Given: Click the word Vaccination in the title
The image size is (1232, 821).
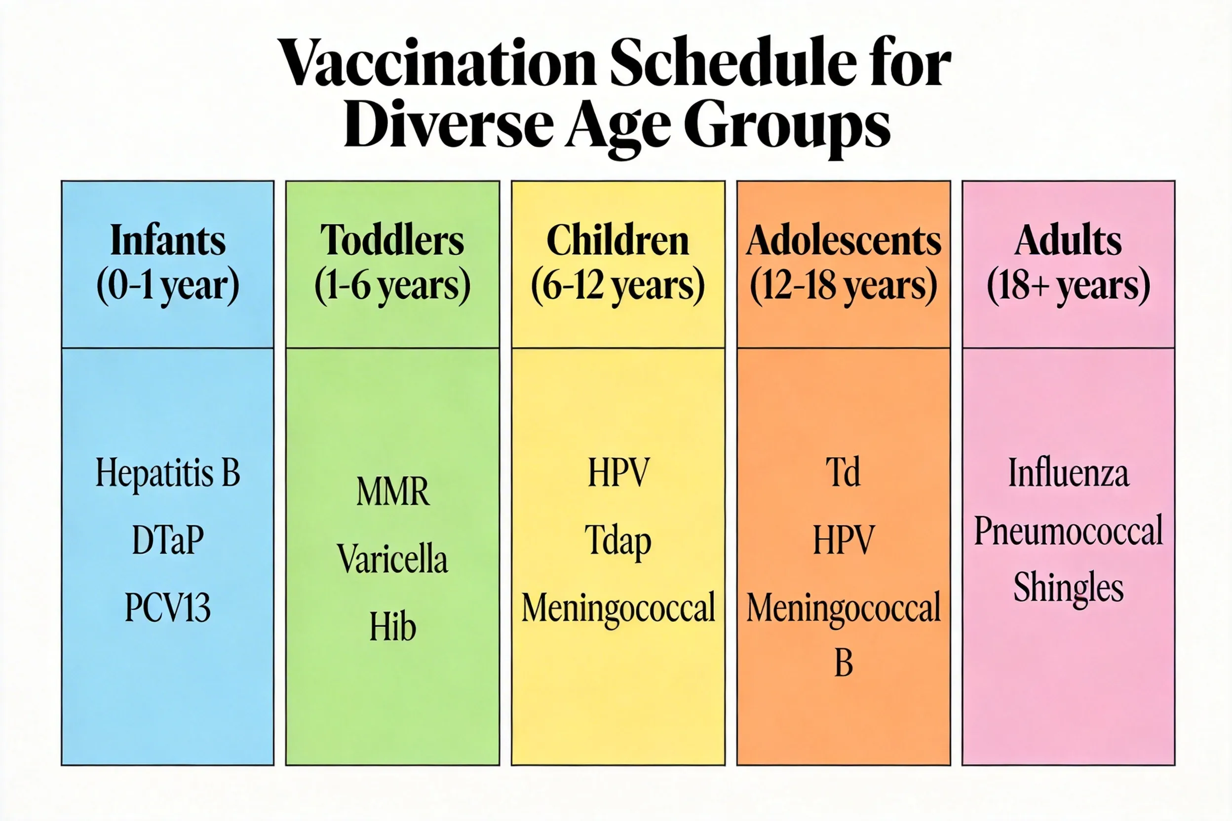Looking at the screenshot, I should point(437,64).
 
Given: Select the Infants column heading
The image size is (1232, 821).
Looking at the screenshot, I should point(168,240).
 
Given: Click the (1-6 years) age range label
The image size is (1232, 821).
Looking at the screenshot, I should point(392,286).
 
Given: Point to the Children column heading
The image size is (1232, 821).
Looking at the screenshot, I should point(617,240).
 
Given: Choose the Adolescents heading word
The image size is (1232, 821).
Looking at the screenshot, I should point(844,240).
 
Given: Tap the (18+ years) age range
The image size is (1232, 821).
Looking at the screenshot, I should point(1069,286).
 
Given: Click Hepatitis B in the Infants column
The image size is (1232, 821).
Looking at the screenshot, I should point(168,473).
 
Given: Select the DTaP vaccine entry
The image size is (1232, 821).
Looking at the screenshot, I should point(168,540).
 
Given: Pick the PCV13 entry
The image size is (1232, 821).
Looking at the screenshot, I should point(168,607).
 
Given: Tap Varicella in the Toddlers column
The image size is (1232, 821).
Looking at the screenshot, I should point(392,559).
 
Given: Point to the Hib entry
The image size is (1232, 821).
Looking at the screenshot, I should point(392,626).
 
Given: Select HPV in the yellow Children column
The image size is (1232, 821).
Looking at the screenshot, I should point(618,472).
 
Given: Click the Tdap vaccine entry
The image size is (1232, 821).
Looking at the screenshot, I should point(618,540).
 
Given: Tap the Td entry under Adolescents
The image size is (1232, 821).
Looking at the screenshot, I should point(844,472).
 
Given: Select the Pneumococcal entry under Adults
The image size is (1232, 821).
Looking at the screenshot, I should point(1069,531).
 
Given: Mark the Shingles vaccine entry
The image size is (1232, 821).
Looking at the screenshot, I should point(1069,588).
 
